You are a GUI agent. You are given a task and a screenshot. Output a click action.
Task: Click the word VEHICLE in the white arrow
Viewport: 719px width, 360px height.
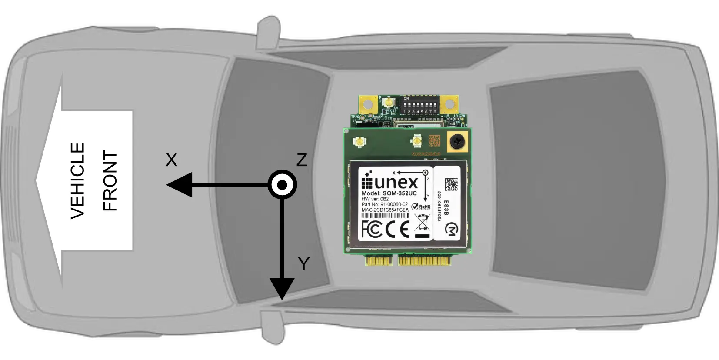(x=78, y=180)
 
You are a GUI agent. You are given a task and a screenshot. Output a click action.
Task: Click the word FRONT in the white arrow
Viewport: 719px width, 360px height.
(x=110, y=180)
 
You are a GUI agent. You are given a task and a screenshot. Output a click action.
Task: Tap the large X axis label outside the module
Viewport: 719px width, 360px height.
(x=172, y=160)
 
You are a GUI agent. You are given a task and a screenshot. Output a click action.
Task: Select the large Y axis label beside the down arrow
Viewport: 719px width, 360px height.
(x=303, y=264)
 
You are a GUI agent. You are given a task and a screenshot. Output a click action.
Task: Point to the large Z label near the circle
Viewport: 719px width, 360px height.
(x=302, y=160)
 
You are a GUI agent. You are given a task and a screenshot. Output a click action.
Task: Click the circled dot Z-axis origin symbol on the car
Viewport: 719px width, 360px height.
(x=282, y=185)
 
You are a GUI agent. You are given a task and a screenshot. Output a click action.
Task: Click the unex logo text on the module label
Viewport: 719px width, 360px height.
(x=390, y=183)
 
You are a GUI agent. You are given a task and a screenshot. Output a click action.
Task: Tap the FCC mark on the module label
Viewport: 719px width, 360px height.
(x=372, y=229)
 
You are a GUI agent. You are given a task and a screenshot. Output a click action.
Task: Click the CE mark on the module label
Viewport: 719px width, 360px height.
(x=398, y=229)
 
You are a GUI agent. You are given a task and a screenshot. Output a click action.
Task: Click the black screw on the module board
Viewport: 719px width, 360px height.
(x=457, y=142)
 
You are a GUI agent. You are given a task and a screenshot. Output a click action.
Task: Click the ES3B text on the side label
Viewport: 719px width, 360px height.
(x=446, y=206)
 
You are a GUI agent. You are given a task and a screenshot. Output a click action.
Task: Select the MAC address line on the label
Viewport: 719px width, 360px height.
(x=385, y=210)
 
